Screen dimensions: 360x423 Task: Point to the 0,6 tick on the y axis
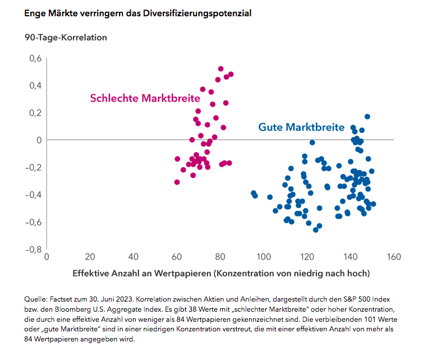(35, 58)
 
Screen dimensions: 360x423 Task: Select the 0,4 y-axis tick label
(35, 85)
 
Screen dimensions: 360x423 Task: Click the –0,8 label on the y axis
(33, 249)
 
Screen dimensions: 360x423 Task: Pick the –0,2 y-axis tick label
(33, 167)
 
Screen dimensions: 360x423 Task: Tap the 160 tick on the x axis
(394, 257)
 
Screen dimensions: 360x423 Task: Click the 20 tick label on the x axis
(90, 257)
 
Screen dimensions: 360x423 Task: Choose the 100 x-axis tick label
(264, 257)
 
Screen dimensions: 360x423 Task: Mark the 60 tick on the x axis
(177, 257)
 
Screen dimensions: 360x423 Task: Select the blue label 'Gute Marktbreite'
(301, 127)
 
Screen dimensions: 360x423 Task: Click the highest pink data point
(221, 69)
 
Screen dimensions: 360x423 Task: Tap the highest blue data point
(367, 117)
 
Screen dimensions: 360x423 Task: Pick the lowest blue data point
(315, 230)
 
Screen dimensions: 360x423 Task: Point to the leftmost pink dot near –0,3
(177, 182)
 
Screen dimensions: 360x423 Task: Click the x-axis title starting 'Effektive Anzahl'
(221, 274)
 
